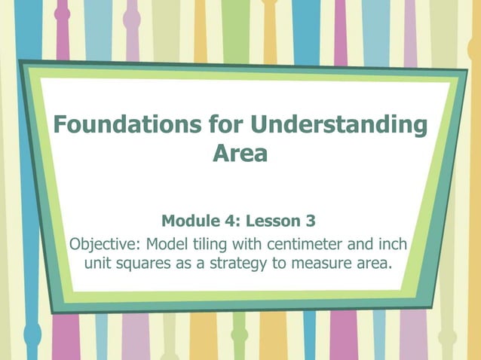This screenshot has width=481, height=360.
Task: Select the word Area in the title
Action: coord(240,155)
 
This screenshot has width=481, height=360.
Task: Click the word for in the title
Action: coord(224,125)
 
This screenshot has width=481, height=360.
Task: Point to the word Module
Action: coord(191,221)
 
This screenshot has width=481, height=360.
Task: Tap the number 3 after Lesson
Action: coord(311,221)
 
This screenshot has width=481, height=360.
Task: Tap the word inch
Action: coord(394,245)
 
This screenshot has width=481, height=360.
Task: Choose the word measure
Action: coord(317,265)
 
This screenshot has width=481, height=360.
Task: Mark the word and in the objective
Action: coord(361,245)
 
